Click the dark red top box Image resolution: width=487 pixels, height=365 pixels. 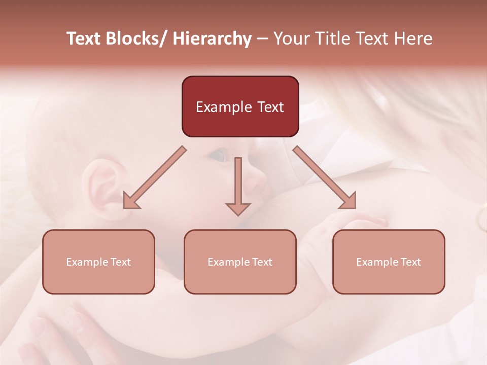click(x=240, y=106)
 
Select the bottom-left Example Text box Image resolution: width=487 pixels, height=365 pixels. click(x=98, y=262)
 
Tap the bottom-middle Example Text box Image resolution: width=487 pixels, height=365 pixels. click(x=240, y=262)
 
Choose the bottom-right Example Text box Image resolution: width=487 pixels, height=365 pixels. click(x=389, y=262)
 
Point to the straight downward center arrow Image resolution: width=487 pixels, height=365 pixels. click(x=238, y=186)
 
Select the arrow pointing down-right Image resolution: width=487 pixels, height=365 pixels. click(x=325, y=178)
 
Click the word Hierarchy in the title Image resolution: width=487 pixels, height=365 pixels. click(x=212, y=39)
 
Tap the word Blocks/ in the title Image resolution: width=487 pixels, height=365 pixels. click(x=137, y=39)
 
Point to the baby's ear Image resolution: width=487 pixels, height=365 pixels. click(x=104, y=185)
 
